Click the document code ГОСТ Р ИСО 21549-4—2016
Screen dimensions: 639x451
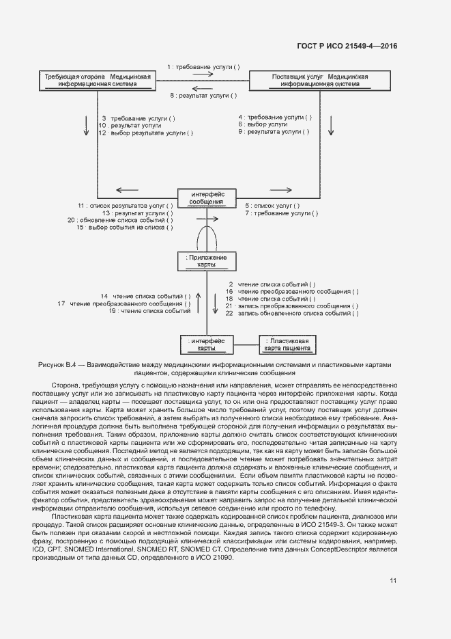pos(347,46)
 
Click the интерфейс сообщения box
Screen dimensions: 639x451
pos(206,198)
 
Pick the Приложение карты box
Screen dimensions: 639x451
pos(206,260)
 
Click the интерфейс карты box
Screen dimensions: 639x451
pos(206,344)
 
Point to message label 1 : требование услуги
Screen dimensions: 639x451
pos(203,66)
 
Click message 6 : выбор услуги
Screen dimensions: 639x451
pos(263,125)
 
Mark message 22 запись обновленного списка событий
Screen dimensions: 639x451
pos(292,314)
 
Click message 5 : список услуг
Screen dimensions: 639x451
pos(272,205)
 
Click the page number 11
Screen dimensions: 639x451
pos(393,581)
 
